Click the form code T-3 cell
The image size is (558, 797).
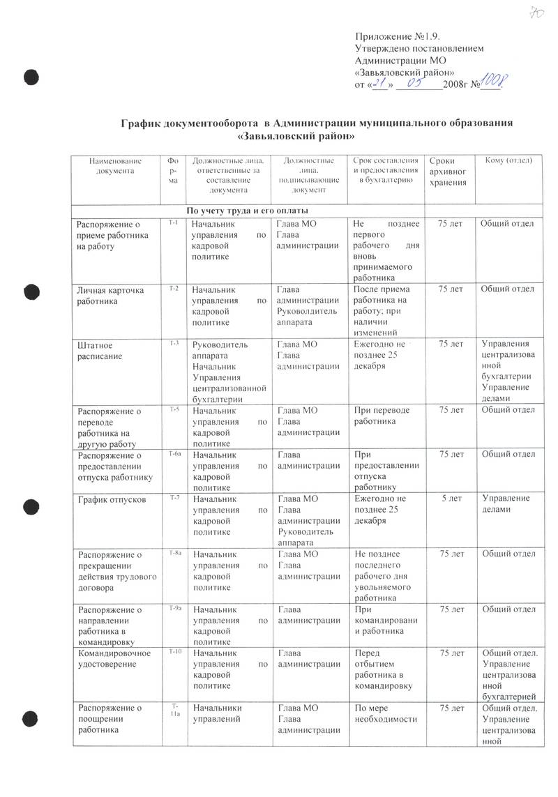(174, 344)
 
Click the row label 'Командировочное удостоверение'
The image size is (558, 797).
(110, 658)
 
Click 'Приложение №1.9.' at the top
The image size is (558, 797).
(399, 36)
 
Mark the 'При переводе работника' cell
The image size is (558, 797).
(382, 416)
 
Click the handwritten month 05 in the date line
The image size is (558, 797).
(418, 84)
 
